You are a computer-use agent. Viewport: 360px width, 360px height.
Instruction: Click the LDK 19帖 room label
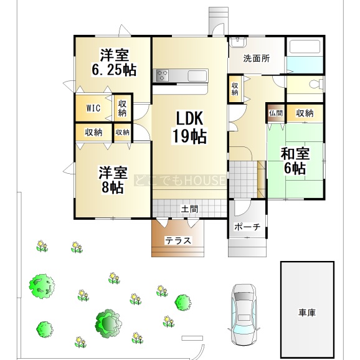(x=189, y=127)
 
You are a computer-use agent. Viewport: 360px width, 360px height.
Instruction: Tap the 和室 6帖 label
(x=295, y=161)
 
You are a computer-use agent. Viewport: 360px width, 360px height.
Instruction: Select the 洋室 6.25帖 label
(x=114, y=62)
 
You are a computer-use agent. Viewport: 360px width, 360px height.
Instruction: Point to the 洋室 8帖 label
(x=113, y=180)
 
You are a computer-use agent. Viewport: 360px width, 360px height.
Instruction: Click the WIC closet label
(x=93, y=108)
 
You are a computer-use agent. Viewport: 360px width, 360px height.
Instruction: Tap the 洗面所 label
(x=257, y=59)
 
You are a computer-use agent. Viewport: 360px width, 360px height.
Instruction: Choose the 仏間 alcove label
(x=275, y=113)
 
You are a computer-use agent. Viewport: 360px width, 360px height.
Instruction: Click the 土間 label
(x=189, y=209)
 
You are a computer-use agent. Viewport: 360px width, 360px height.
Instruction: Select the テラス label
(x=178, y=240)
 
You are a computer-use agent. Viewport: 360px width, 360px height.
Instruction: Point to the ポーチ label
(x=247, y=227)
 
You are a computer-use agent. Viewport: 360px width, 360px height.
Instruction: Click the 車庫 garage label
(x=307, y=313)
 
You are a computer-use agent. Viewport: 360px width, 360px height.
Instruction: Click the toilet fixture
(x=316, y=84)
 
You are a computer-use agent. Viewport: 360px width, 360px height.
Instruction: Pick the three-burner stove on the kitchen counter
(x=163, y=75)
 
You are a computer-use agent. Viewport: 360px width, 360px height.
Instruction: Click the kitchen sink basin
(x=197, y=76)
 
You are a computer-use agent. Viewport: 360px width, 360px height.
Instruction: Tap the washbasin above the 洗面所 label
(x=238, y=42)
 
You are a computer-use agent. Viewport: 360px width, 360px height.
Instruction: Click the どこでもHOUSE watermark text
(x=180, y=180)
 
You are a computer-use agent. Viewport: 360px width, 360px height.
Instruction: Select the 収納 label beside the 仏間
(x=305, y=113)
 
